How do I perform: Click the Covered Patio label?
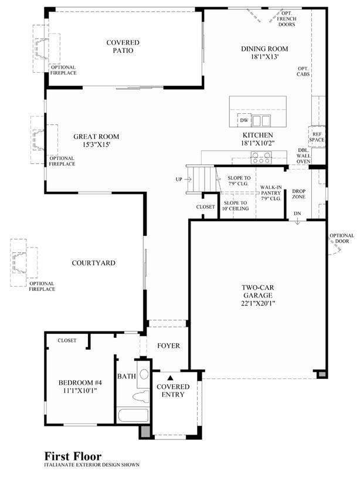point(123,46)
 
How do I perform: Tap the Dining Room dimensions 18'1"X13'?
point(264,57)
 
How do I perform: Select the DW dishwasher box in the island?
point(244,120)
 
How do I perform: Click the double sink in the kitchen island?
point(261,120)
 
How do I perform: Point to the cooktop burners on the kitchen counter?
point(261,158)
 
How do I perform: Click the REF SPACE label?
point(317,137)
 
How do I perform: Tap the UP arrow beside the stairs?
point(188,179)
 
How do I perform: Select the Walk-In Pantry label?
point(271,190)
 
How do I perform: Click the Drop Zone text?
point(299,194)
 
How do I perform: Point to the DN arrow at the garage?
point(297,222)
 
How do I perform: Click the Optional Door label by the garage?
point(342,238)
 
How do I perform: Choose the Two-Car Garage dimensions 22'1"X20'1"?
point(258,303)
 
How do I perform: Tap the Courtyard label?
point(94,263)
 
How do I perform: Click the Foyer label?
point(169,345)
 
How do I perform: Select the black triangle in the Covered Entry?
point(171,378)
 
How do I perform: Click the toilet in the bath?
point(141,397)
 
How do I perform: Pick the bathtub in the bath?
point(133,415)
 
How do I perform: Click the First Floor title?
point(73,456)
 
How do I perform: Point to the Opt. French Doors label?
point(287,19)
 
